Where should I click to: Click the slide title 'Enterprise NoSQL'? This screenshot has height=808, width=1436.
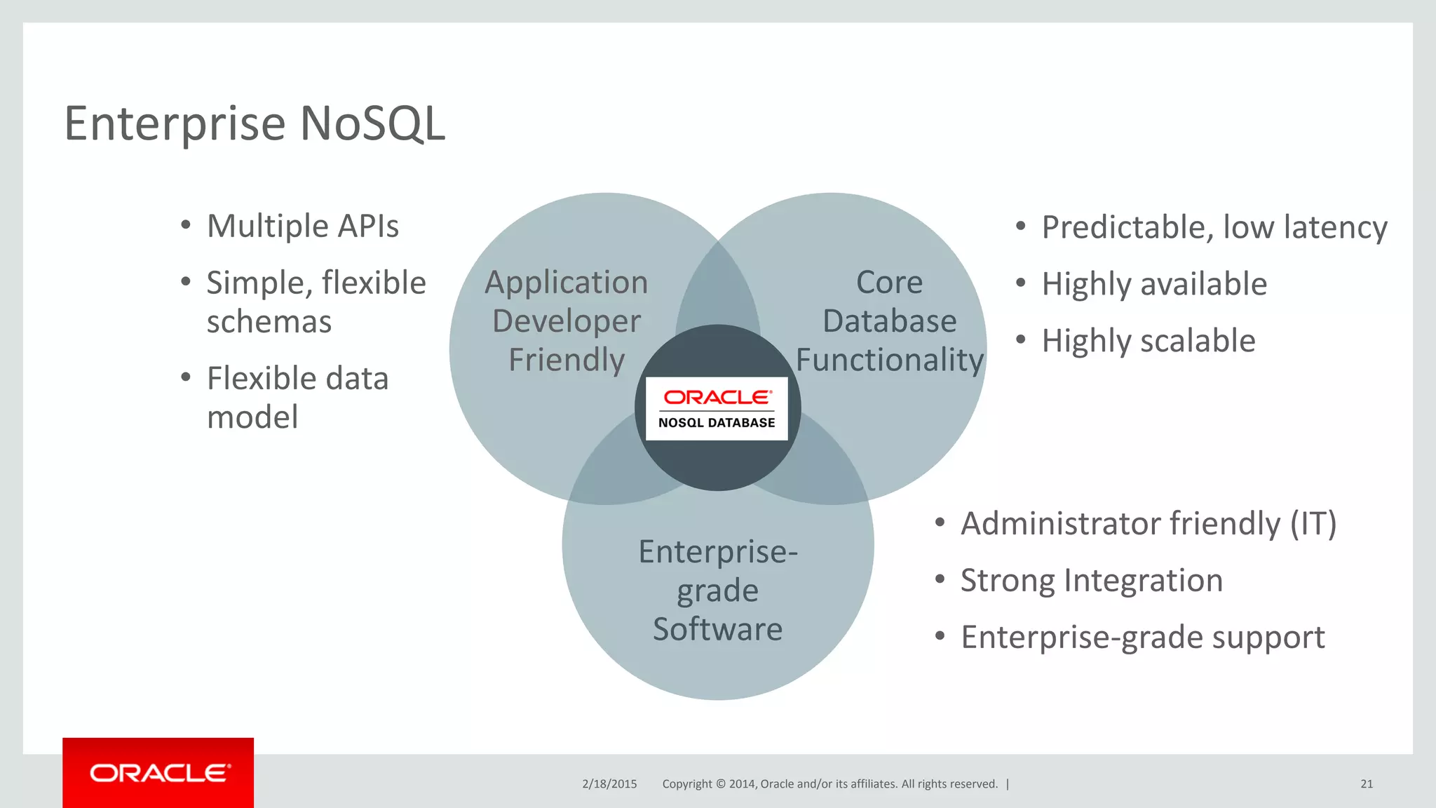255,123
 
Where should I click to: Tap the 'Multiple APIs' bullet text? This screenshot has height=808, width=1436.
302,227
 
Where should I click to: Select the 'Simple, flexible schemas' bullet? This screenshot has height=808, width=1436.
316,302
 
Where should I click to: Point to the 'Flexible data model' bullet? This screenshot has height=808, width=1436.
297,398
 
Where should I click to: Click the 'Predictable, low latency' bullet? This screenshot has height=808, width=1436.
1214,228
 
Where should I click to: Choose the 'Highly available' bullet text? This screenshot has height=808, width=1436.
1154,285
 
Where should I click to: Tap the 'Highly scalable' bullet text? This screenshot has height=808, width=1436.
1148,342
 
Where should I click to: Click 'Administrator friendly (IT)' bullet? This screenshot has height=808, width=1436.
1148,525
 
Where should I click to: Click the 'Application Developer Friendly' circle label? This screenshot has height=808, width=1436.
567,321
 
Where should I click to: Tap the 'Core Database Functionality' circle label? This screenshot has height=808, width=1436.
889,321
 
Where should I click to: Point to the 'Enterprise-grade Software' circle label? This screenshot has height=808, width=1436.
717,591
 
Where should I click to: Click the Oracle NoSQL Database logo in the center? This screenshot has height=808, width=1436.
717,409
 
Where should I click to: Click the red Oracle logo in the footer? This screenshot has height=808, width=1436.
158,773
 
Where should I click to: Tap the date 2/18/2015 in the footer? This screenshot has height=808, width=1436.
609,784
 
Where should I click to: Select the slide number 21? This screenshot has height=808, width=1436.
1367,784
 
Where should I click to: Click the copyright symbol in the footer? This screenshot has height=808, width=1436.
720,784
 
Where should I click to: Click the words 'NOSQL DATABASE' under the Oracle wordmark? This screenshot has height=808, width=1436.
717,423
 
